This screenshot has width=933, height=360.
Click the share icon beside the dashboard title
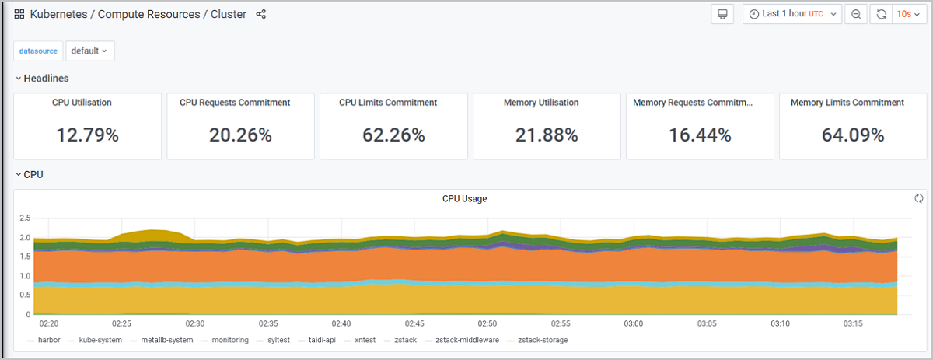click(261, 14)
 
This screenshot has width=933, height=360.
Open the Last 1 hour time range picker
click(792, 14)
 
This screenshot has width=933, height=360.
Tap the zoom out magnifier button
click(856, 14)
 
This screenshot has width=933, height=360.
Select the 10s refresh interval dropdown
click(908, 14)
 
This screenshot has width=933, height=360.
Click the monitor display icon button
click(722, 14)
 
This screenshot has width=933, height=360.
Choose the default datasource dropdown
click(89, 51)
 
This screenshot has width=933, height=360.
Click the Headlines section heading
click(46, 79)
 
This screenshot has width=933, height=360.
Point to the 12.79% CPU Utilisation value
click(87, 135)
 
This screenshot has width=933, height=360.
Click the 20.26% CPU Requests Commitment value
click(240, 135)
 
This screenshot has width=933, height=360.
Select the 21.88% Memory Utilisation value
click(547, 135)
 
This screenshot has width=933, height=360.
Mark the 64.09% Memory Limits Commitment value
click(853, 135)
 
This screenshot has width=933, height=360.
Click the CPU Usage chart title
click(465, 199)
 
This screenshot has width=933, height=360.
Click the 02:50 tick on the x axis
click(486, 323)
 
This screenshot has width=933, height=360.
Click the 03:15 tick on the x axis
click(853, 323)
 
